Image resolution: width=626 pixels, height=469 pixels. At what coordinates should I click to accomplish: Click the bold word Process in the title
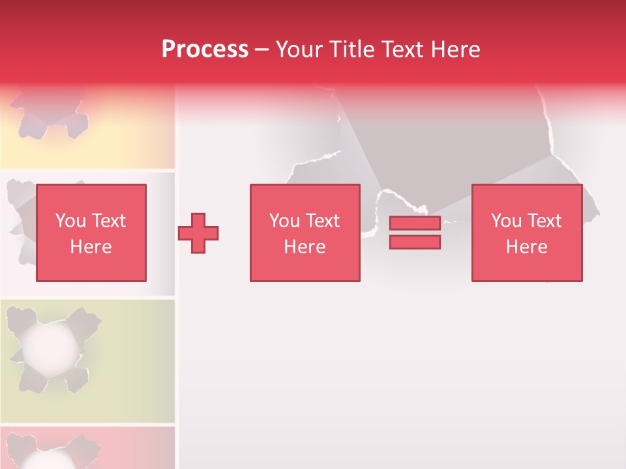(x=205, y=50)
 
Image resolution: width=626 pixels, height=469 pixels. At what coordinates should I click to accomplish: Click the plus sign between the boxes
(x=198, y=233)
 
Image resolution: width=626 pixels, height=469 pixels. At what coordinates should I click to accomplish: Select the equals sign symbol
(x=415, y=233)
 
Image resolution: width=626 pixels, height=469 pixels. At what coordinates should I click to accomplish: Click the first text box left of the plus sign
(x=91, y=233)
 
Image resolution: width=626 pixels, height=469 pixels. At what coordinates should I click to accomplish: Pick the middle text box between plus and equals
(x=305, y=233)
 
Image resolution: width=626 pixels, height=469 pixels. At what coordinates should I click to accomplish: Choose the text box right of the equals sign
(x=527, y=233)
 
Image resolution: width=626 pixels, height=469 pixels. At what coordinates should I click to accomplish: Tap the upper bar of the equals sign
(x=415, y=223)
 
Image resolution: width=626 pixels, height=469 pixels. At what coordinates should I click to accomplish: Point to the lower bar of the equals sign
(x=415, y=242)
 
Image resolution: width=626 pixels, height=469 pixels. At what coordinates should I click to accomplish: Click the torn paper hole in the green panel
(x=46, y=348)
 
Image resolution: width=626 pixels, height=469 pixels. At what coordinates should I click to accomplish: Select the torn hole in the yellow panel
(x=49, y=114)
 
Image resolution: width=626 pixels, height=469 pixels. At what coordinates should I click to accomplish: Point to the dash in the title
(x=262, y=50)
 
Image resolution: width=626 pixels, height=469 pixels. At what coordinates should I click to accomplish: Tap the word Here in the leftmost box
(x=91, y=247)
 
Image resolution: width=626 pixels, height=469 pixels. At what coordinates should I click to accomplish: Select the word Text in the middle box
(x=323, y=221)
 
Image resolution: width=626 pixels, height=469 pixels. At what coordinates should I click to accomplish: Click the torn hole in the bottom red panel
(x=46, y=456)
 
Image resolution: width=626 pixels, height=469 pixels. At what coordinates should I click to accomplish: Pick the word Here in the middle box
(x=305, y=247)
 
